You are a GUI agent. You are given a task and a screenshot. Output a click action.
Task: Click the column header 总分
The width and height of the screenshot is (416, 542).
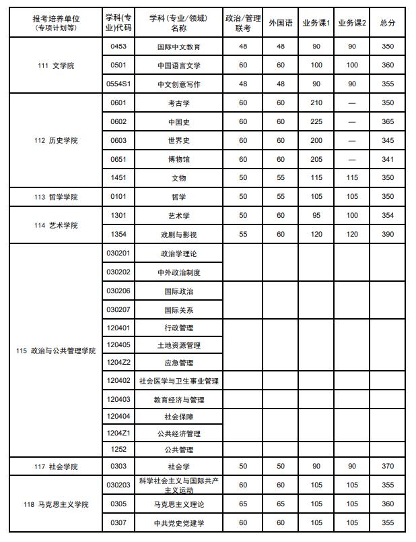click(387, 23)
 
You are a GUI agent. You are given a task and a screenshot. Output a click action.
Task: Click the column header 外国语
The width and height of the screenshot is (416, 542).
click(281, 23)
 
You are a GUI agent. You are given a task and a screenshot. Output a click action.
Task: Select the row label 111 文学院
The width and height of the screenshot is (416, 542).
click(56, 65)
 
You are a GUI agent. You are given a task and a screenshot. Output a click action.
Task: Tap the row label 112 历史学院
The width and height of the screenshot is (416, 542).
click(56, 140)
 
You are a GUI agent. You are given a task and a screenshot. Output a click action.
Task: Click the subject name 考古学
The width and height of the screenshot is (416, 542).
click(178, 103)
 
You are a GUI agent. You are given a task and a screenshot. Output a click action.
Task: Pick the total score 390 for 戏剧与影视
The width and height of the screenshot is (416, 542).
click(387, 234)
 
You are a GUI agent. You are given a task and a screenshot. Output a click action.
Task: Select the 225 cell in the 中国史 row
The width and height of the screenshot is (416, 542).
click(316, 122)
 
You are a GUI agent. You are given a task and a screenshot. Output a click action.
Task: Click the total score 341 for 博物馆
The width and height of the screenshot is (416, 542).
click(387, 159)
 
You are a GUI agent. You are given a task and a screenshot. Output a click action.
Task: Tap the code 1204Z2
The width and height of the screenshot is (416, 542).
click(119, 363)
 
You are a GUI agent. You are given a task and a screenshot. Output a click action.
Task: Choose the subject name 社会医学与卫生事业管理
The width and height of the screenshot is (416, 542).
click(178, 381)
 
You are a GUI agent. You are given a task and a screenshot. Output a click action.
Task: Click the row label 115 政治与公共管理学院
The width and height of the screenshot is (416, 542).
click(56, 351)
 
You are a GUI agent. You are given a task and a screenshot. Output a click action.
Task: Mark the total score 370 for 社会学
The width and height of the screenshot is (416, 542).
click(387, 466)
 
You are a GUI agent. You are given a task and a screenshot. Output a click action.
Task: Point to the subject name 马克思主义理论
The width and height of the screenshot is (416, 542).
click(178, 504)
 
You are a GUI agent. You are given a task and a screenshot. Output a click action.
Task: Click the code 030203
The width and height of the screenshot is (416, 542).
click(119, 485)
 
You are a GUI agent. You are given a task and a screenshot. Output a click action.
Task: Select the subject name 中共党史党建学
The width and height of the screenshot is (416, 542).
click(178, 523)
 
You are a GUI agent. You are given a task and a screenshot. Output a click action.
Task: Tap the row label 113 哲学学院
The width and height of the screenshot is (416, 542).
click(56, 197)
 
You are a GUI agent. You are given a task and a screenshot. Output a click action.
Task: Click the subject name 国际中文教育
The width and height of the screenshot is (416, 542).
click(178, 47)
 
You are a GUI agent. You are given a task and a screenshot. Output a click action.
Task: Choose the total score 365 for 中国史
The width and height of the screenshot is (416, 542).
click(387, 122)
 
